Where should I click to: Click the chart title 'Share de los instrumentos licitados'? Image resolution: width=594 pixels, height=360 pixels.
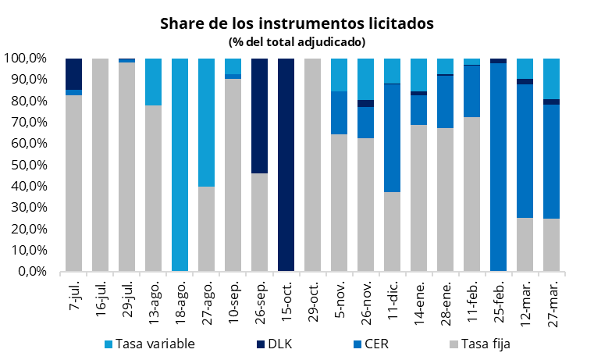297,23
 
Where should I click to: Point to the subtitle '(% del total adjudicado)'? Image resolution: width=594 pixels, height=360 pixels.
297,41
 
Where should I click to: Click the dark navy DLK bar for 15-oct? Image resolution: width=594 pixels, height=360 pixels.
286,165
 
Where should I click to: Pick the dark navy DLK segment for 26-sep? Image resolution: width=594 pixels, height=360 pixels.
260,116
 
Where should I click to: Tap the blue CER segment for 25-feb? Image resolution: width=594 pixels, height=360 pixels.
499,167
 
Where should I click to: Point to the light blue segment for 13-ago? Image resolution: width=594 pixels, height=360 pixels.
154,81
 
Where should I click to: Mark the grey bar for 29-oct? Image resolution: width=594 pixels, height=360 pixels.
313,165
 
